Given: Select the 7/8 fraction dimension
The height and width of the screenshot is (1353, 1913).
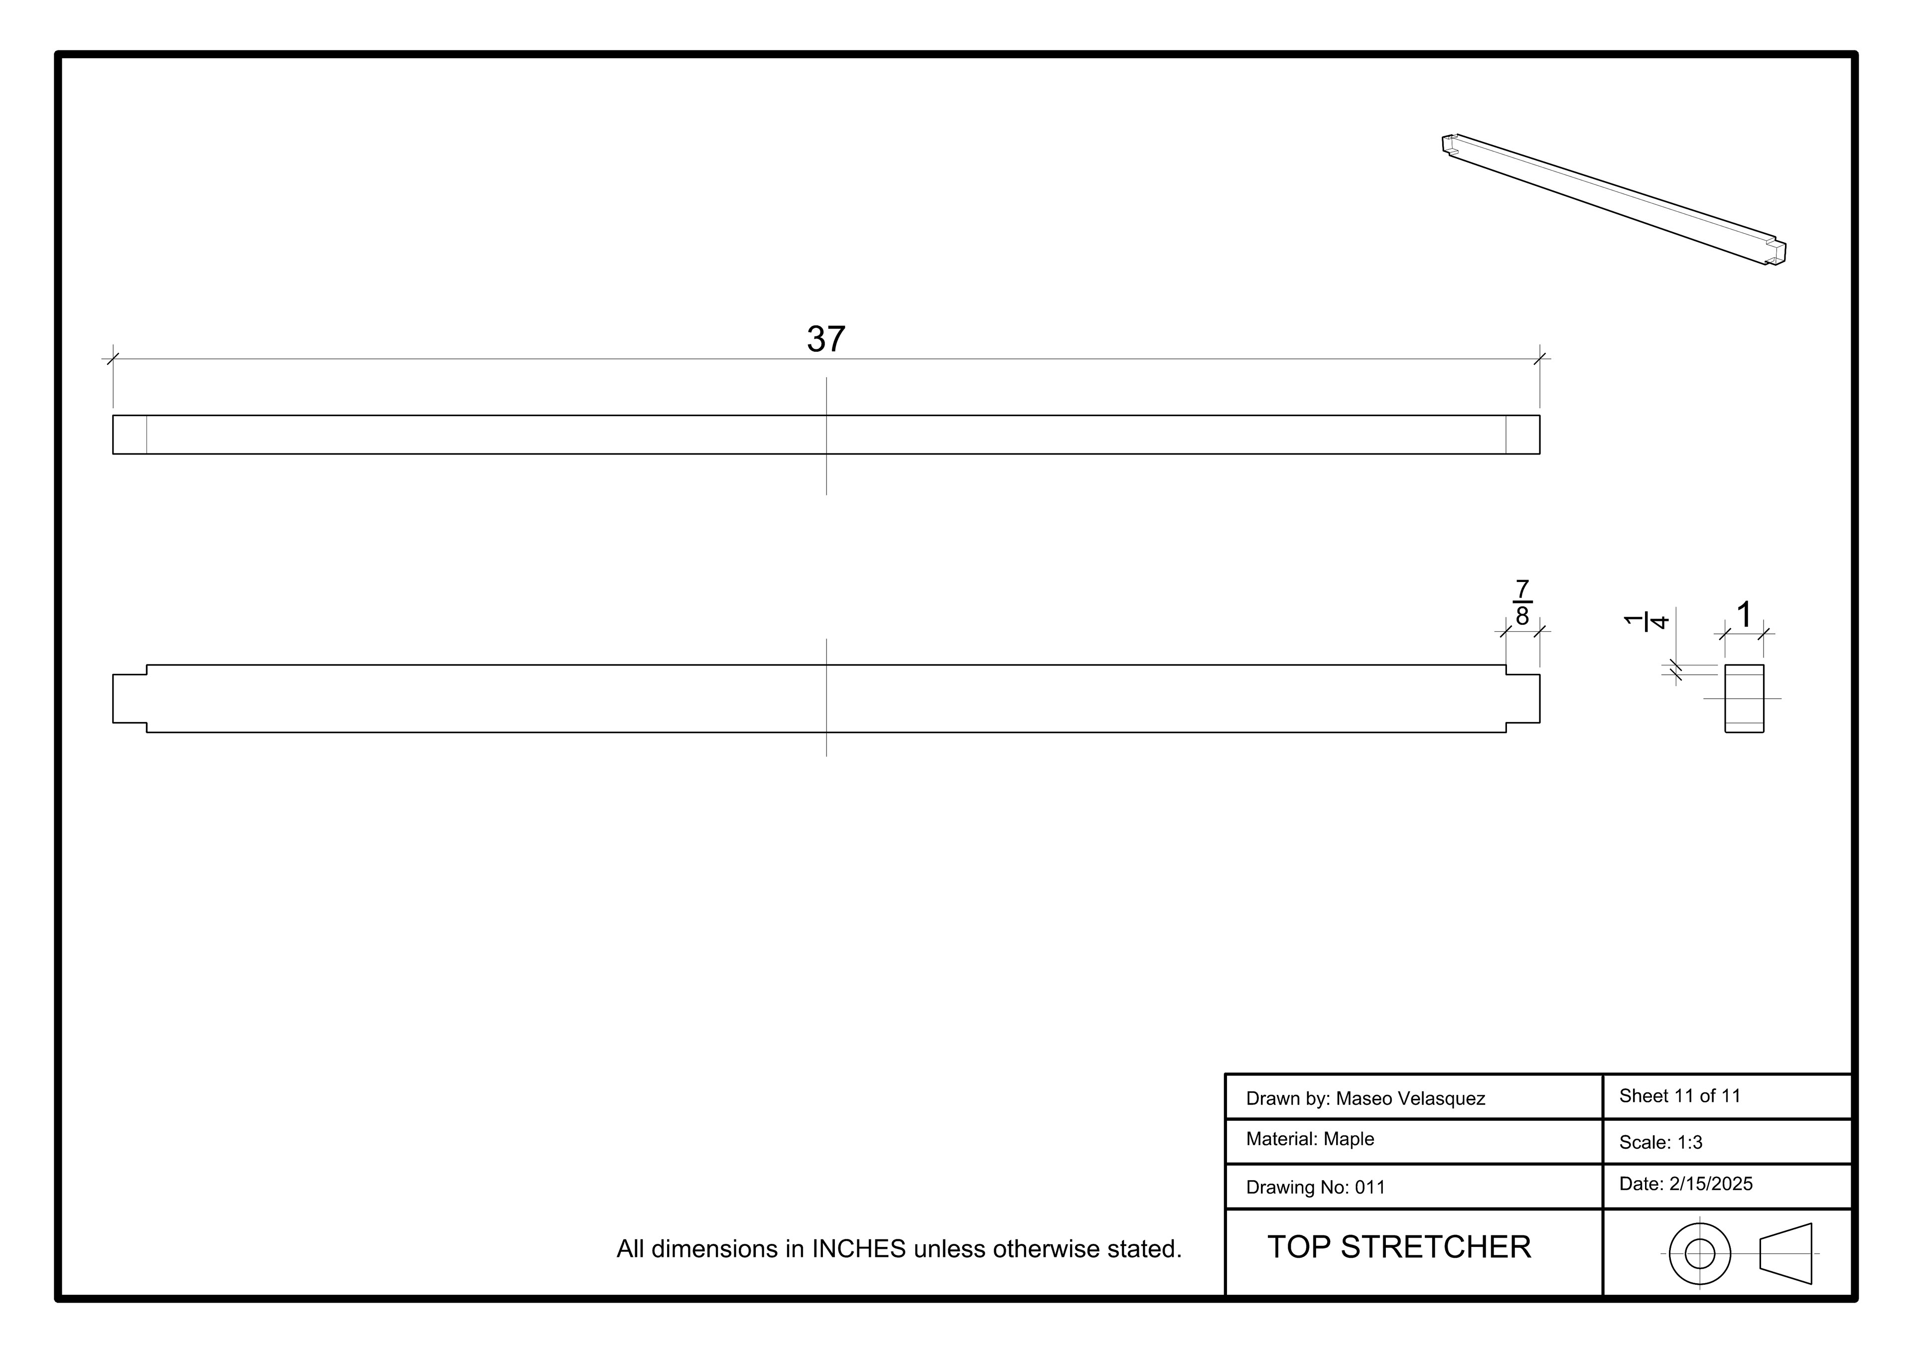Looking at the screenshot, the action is (x=1522, y=602).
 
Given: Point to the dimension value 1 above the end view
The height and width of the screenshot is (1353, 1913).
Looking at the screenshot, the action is (x=1744, y=615).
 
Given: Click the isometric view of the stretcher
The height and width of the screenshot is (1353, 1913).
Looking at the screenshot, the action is (x=1614, y=200).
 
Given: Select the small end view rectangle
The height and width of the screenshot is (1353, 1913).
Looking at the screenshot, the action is (x=1744, y=699).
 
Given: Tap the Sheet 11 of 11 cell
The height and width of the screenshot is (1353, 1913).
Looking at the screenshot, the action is (x=1680, y=1096).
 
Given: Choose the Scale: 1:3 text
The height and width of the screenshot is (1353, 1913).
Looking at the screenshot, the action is (x=1660, y=1143).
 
